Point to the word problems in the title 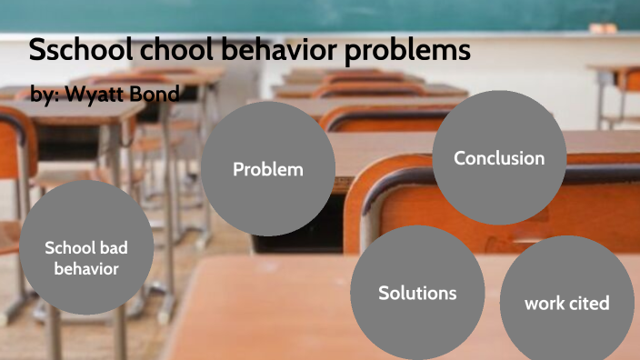(409, 51)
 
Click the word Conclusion (499, 158)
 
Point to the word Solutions (417, 293)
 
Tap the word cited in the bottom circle (589, 303)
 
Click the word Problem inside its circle (267, 169)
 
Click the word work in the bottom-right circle (545, 303)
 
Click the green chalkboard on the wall (364, 16)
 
